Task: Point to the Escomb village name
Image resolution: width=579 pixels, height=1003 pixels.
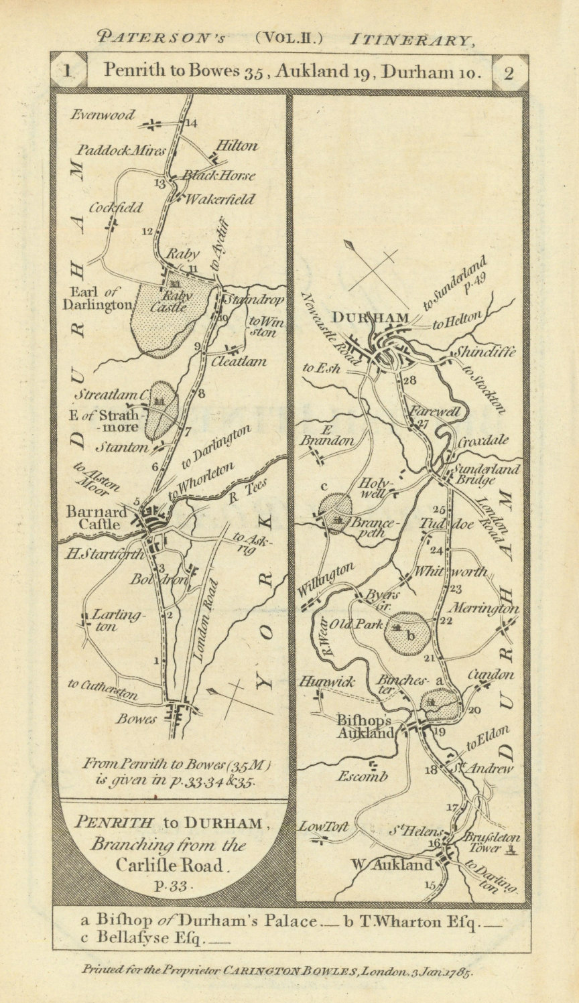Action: pyautogui.click(x=363, y=777)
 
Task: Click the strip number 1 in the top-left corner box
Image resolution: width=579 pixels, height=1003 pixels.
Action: pyautogui.click(x=68, y=72)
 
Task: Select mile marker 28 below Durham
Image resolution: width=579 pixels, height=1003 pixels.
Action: pyautogui.click(x=410, y=381)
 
